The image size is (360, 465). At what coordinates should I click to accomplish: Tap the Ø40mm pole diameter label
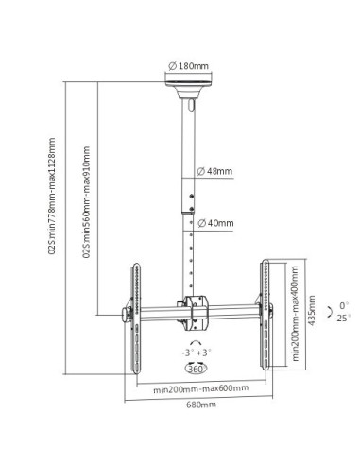(x=217, y=224)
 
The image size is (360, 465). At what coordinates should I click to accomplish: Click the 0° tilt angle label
(x=342, y=305)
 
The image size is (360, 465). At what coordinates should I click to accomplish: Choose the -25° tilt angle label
(x=341, y=319)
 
